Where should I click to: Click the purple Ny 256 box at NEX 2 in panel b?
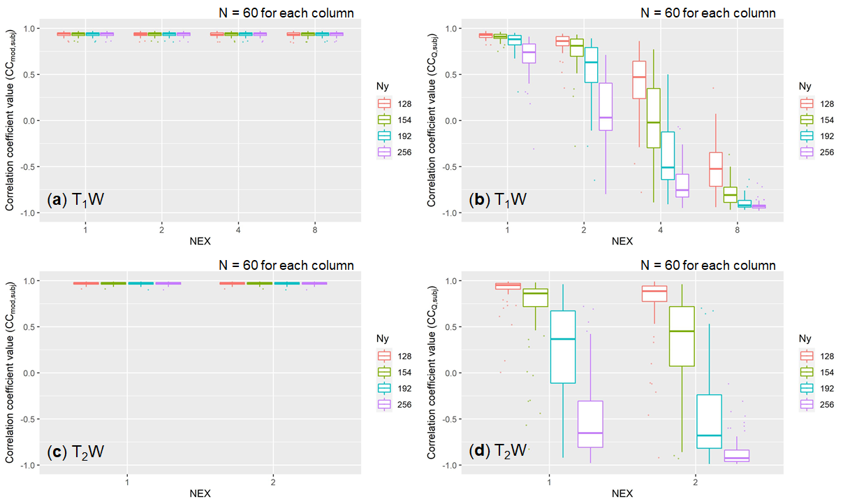tap(605, 106)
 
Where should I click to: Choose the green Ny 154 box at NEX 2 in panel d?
tap(682, 336)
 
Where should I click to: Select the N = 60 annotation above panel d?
tap(708, 266)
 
